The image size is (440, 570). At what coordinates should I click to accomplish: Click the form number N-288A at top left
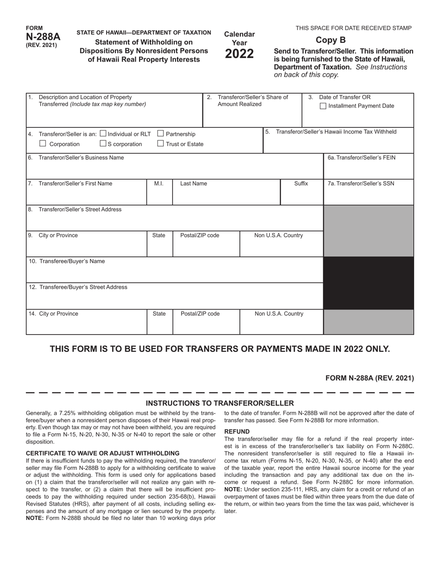(x=43, y=37)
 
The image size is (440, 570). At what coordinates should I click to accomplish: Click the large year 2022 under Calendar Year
(x=239, y=54)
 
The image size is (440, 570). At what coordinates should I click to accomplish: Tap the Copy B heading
(x=331, y=40)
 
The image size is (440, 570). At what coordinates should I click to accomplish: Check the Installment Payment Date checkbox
(x=323, y=106)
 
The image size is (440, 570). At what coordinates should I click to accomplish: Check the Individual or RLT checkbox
(x=103, y=134)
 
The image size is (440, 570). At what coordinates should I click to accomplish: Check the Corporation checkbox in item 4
(x=43, y=144)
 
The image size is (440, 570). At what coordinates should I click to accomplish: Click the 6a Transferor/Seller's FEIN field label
(x=361, y=158)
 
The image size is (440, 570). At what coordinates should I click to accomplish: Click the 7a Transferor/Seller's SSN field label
(x=361, y=184)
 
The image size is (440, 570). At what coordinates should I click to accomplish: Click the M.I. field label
(x=159, y=184)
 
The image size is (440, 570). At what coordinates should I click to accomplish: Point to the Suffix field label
(x=301, y=184)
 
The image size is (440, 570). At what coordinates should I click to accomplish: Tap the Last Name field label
(x=194, y=184)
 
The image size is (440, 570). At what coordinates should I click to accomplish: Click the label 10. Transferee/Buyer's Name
(x=67, y=261)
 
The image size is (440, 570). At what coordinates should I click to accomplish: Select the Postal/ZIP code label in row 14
(x=200, y=314)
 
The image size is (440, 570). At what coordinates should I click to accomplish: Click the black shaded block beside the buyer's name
(x=368, y=283)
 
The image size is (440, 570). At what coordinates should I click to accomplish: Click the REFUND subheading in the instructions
(x=237, y=431)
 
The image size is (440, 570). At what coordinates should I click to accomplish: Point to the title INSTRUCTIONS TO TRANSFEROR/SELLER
(x=220, y=403)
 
